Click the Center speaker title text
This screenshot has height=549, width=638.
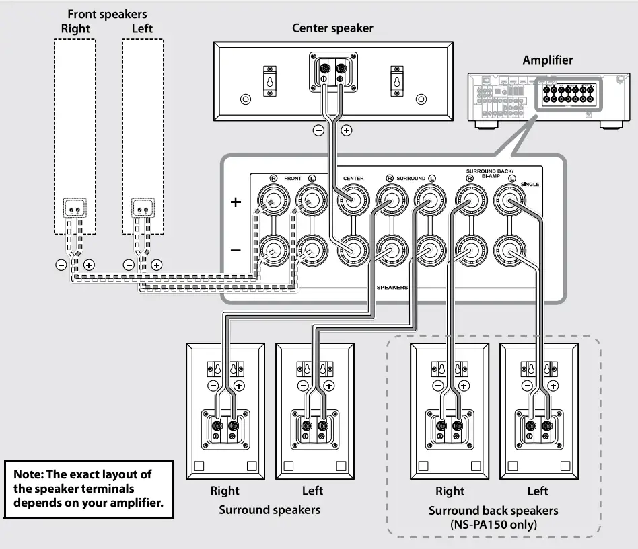pyautogui.click(x=332, y=28)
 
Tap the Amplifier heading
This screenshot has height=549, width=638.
pyautogui.click(x=548, y=60)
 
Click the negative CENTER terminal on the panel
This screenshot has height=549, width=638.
pyautogui.click(x=353, y=251)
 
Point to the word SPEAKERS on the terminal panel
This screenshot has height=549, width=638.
pyautogui.click(x=392, y=287)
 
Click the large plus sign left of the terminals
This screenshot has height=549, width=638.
pyautogui.click(x=236, y=202)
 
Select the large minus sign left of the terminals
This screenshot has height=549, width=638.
pyautogui.click(x=236, y=250)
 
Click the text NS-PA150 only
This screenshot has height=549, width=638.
pyautogui.click(x=493, y=525)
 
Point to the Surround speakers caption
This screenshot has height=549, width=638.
pyautogui.click(x=269, y=509)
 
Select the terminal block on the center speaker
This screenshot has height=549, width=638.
pyautogui.click(x=332, y=71)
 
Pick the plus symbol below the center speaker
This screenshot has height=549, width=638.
pyautogui.click(x=347, y=130)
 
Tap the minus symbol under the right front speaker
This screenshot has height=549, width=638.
pyautogui.click(x=61, y=265)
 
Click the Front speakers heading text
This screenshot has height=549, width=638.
pyautogui.click(x=107, y=14)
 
